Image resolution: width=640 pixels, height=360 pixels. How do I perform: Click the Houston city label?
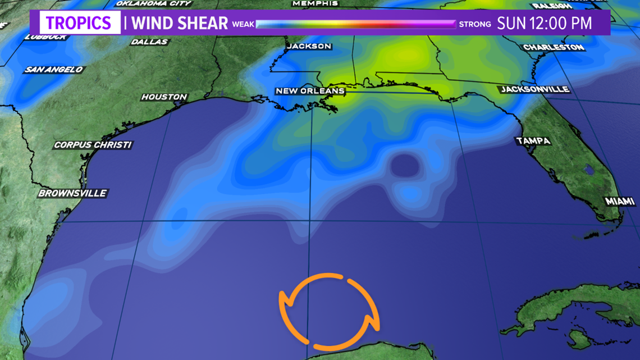(x=164, y=97)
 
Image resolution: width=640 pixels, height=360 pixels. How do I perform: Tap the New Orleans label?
(x=310, y=91)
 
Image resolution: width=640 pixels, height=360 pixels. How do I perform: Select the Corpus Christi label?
(x=93, y=145)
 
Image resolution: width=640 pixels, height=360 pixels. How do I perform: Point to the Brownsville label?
(x=72, y=193)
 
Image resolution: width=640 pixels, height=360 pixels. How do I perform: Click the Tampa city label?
(x=533, y=141)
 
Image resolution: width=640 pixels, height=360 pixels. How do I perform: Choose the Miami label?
(x=619, y=201)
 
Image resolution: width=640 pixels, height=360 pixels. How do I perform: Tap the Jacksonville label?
(x=535, y=89)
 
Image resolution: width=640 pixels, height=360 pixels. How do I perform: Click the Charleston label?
(x=554, y=47)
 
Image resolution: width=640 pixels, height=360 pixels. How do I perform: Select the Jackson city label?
(x=309, y=46)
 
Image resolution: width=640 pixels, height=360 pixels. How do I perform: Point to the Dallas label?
(x=149, y=42)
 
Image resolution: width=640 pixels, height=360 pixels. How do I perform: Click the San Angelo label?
(x=53, y=70)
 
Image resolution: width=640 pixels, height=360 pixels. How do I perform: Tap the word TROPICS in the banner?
(x=79, y=24)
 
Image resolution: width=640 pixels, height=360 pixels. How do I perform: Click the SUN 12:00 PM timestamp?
(x=545, y=24)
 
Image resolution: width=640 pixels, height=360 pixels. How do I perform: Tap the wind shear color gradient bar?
(x=356, y=24)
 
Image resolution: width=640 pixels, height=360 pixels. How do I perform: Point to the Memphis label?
(x=315, y=3)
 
